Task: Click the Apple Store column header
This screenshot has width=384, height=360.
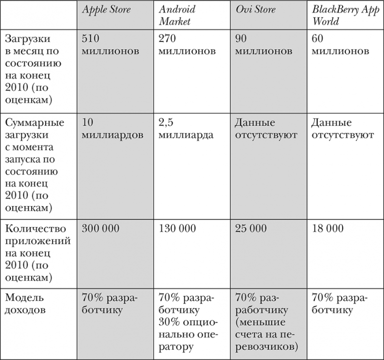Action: point(106,10)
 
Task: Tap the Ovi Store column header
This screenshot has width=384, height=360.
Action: point(256,10)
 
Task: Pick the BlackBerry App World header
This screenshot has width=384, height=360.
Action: point(339,16)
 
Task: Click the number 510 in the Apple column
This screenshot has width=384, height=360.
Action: point(91,38)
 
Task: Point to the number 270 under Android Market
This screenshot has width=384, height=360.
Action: point(168,38)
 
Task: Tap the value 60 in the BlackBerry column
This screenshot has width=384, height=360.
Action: point(316,38)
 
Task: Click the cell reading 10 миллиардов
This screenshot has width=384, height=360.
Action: point(113,128)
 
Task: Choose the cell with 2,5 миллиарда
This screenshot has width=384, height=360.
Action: point(186,128)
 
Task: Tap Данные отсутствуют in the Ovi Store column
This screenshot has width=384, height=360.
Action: point(266,128)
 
